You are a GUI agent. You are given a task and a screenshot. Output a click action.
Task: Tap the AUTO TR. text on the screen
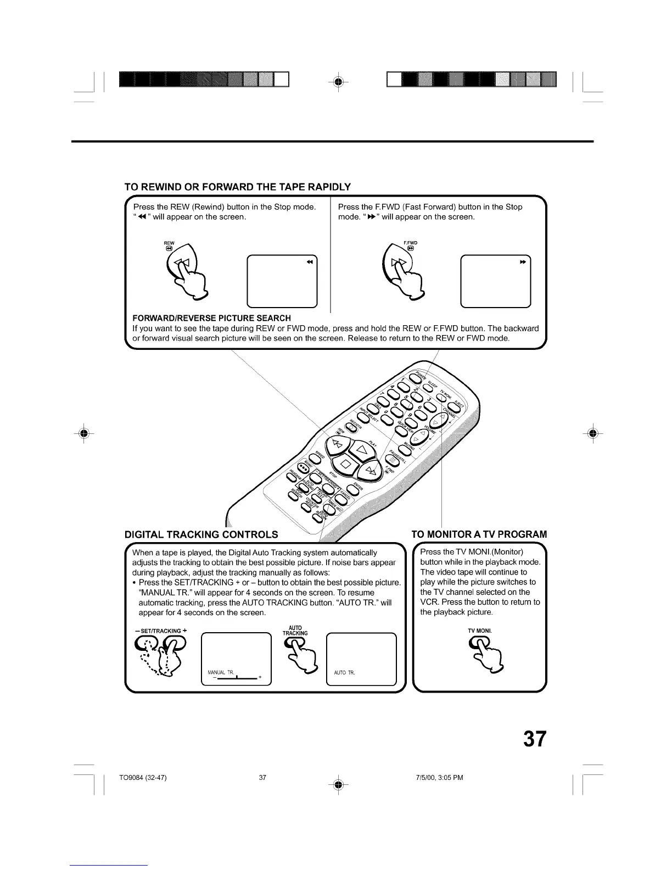344,673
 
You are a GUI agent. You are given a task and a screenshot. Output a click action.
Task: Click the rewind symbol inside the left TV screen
310,262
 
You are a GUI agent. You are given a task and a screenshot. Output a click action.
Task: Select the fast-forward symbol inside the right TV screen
523,262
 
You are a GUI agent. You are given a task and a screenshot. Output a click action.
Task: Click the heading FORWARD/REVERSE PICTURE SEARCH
211,318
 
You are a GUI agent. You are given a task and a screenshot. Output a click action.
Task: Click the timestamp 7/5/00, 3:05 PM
439,777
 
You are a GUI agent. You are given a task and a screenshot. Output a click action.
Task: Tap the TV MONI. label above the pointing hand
479,630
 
